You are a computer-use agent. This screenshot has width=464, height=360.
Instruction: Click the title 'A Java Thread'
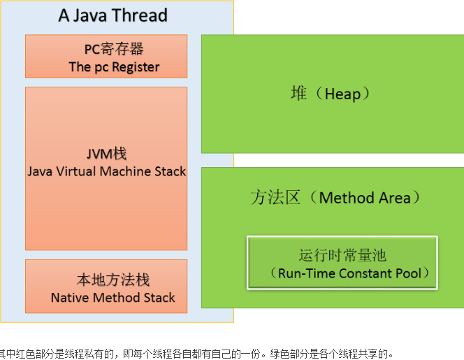click(x=113, y=16)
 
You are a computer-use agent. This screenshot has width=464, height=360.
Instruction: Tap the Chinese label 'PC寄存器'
click(x=114, y=49)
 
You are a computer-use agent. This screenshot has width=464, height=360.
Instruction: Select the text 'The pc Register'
click(x=114, y=67)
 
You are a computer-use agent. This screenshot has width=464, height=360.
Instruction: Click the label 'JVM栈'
click(x=106, y=153)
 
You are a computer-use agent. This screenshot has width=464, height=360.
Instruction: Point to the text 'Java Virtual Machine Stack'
click(x=107, y=171)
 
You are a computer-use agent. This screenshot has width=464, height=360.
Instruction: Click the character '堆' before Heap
click(x=299, y=93)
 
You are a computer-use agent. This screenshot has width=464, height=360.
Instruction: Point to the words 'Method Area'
click(x=365, y=198)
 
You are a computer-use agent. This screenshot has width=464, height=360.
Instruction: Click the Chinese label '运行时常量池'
click(x=342, y=256)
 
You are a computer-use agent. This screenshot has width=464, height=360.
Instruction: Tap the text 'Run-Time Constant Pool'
click(x=349, y=273)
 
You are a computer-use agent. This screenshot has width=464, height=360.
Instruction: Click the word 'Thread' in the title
click(x=143, y=16)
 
